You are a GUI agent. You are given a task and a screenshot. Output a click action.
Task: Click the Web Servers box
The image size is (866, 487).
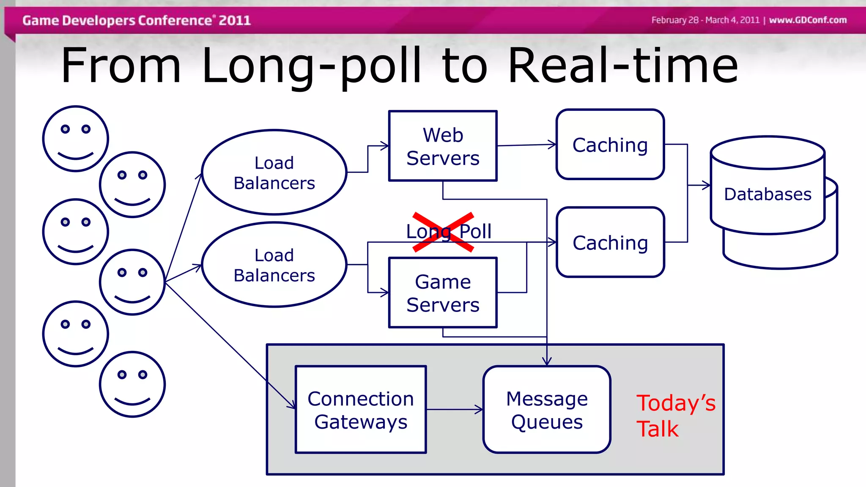[443, 146]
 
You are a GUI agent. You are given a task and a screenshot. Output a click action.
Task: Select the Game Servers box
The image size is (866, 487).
[443, 293]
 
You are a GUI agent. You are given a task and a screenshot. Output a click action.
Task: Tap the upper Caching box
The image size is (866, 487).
[610, 145]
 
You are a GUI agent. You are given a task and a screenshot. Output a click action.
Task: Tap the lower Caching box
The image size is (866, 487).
[610, 242]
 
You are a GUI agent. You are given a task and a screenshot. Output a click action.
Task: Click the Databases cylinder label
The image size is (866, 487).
[767, 194]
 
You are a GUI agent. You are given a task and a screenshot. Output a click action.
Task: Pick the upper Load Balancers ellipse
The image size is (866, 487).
[274, 172]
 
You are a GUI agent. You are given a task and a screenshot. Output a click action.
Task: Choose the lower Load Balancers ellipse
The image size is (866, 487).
[274, 265]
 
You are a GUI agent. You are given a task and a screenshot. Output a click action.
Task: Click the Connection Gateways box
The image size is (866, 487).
[361, 410]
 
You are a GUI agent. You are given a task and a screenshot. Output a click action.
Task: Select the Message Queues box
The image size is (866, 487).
[547, 410]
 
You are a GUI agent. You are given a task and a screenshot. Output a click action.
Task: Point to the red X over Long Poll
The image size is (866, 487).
[443, 232]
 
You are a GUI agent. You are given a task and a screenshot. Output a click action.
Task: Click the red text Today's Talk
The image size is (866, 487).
[675, 416]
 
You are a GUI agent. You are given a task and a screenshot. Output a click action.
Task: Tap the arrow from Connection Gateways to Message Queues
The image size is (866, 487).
[455, 409]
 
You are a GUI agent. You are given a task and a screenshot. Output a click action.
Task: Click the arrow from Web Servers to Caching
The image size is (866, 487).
[526, 145]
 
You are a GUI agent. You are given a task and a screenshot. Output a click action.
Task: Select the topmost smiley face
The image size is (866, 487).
[76, 139]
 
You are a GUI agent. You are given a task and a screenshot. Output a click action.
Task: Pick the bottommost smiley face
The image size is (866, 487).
[132, 384]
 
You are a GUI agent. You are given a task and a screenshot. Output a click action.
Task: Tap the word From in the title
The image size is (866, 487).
[121, 66]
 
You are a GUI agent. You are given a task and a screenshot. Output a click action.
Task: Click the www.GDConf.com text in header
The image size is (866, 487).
[808, 20]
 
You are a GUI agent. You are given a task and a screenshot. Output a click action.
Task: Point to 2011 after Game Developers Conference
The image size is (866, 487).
[235, 20]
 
